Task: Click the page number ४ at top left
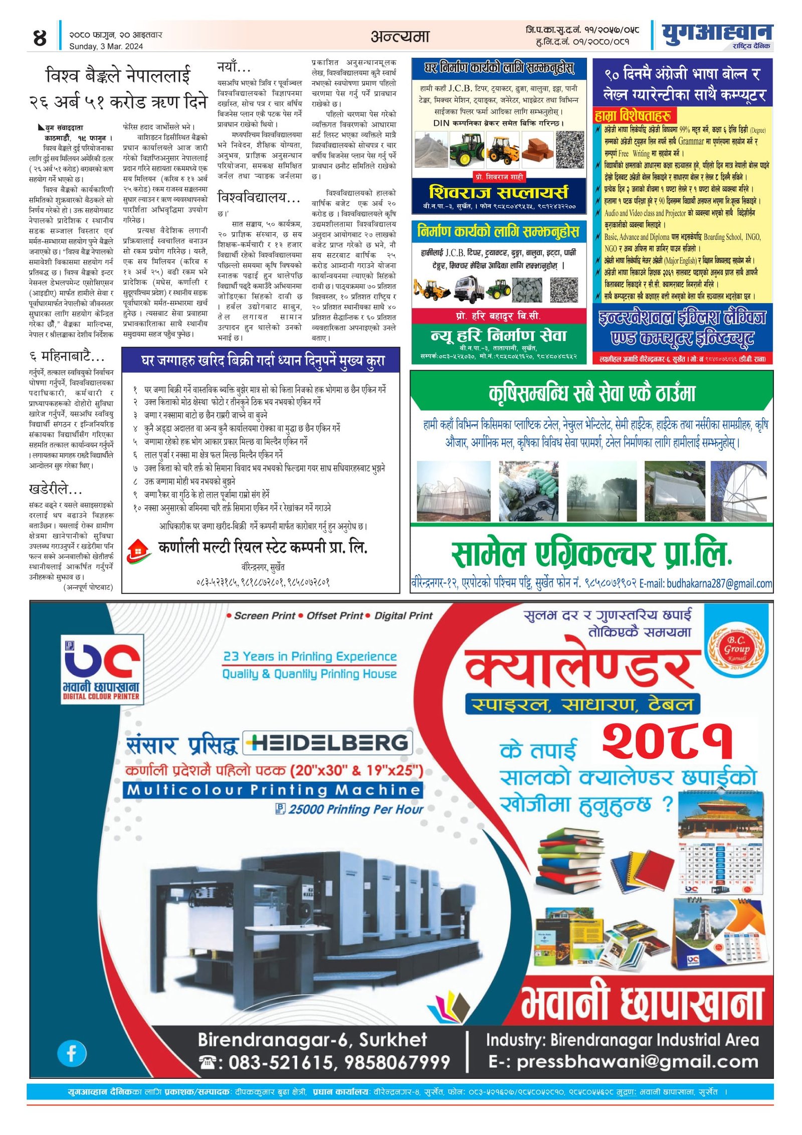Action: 40,38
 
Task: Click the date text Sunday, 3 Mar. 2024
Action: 106,46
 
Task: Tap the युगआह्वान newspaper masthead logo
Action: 716,34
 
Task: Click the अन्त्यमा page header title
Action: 400,36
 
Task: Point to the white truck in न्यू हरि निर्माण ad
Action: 469,289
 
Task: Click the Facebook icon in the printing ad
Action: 72,1053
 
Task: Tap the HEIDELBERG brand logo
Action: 328,743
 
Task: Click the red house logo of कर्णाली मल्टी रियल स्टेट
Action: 138,551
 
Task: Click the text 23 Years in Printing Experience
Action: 309,656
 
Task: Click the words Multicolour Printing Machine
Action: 273,790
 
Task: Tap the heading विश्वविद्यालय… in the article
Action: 259,197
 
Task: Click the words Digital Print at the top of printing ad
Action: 403,615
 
